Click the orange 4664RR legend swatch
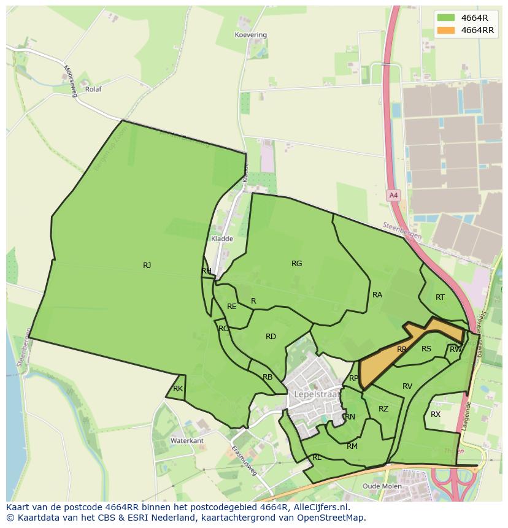pyautogui.click(x=446, y=30)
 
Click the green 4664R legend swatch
pyautogui.click(x=446, y=17)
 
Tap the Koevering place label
pyautogui.click(x=251, y=35)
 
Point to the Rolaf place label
pyautogui.click(x=93, y=89)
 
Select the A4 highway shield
pyautogui.click(x=393, y=196)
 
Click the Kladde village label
pyautogui.click(x=221, y=239)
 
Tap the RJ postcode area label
pyautogui.click(x=147, y=266)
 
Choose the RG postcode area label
pyautogui.click(x=296, y=264)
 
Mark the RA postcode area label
pyautogui.click(x=377, y=295)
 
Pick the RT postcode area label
pyautogui.click(x=440, y=297)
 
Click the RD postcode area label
pyautogui.click(x=271, y=337)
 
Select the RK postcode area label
pyautogui.click(x=178, y=389)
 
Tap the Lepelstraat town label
pyautogui.click(x=316, y=394)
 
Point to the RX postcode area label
pyautogui.click(x=436, y=415)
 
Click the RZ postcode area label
pyautogui.click(x=383, y=409)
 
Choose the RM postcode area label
pyautogui.click(x=352, y=446)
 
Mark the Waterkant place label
pyautogui.click(x=187, y=441)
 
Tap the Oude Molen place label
pyautogui.click(x=382, y=486)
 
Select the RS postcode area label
pyautogui.click(x=426, y=349)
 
